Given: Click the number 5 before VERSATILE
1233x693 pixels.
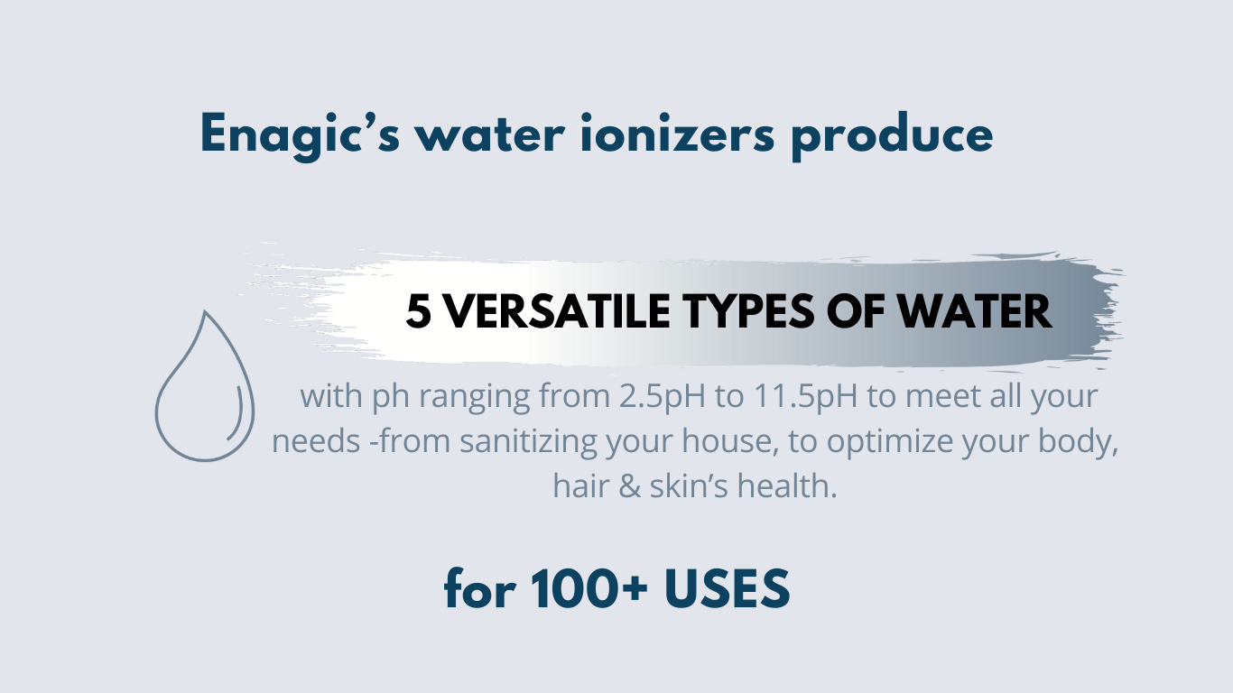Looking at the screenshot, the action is [x=418, y=311].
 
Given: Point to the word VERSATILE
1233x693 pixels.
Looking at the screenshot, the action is [x=557, y=311].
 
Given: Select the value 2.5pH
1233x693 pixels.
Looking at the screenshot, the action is [x=663, y=396].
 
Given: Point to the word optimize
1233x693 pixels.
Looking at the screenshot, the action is [x=889, y=441].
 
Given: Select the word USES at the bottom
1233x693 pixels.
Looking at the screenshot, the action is [x=728, y=588].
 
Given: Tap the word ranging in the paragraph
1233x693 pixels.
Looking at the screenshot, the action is [x=474, y=396].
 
